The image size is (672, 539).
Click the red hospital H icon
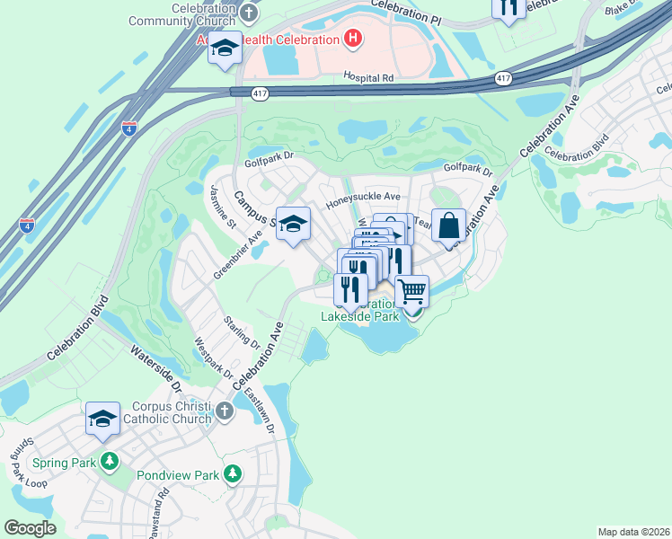coord(353,39)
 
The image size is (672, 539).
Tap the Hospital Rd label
coord(369,78)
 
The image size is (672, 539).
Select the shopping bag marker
coord(448,225)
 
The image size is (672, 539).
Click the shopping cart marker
coord(411,291)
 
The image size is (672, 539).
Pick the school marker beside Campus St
coord(293,224)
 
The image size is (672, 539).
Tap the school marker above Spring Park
coord(103,418)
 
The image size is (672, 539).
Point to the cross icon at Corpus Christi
coord(225,411)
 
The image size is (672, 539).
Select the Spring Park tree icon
coord(110,463)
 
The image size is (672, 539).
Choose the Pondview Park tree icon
coord(233,473)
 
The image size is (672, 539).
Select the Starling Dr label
coord(243,332)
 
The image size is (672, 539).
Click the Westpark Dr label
coord(214,358)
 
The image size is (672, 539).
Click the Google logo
coord(30,528)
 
